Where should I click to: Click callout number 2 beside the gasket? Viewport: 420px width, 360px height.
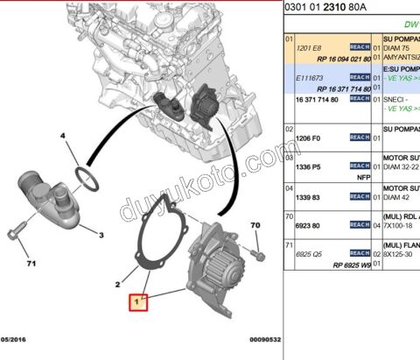(x=116, y=284)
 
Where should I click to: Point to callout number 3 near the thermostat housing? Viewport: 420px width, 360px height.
(x=101, y=236)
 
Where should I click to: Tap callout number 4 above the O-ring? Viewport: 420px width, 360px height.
(x=62, y=137)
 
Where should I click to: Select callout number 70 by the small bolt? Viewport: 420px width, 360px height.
(x=255, y=227)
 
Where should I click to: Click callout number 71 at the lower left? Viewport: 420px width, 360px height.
(x=31, y=264)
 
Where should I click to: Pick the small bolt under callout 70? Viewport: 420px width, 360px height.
(x=258, y=254)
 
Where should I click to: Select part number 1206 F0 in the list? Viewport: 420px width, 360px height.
(x=309, y=138)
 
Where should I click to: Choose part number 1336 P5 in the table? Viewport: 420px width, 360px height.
(x=309, y=166)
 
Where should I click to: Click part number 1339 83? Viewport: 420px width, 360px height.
(x=308, y=197)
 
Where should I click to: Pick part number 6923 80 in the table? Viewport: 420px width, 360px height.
(x=308, y=225)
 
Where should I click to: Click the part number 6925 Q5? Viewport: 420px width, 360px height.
(x=310, y=254)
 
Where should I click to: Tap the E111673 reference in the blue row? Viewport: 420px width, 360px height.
(x=310, y=77)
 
